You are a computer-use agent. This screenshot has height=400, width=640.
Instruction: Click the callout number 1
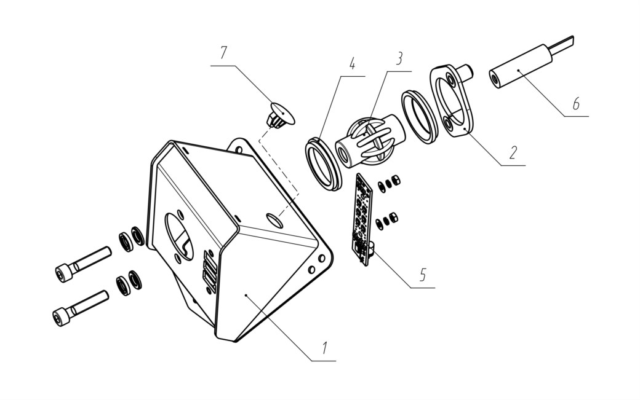(324, 348)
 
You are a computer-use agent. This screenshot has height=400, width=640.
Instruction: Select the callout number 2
(513, 152)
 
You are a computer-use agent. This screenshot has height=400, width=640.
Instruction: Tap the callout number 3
(399, 58)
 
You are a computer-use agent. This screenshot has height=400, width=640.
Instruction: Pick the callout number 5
(423, 275)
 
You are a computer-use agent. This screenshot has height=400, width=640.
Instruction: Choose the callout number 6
(576, 104)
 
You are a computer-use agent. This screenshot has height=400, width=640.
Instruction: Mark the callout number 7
(223, 53)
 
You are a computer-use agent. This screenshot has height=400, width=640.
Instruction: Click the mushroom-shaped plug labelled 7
(279, 115)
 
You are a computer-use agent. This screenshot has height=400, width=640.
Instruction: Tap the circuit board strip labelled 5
(362, 219)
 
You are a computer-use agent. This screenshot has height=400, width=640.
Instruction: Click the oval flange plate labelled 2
(451, 100)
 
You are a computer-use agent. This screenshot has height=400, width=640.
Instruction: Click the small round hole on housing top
(274, 220)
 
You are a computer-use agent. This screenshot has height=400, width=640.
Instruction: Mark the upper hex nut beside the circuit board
(395, 179)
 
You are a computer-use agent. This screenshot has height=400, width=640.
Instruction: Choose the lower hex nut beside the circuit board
(393, 218)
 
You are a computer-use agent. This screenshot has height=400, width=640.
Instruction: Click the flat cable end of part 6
(563, 44)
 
